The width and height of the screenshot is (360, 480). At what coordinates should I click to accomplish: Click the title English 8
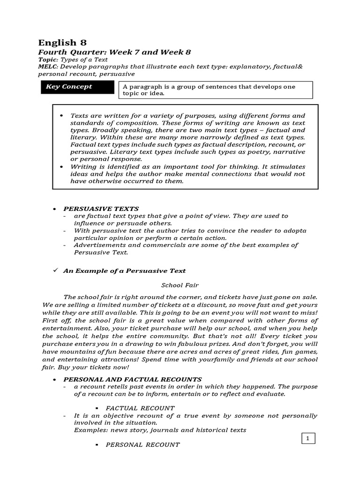pos(62,42)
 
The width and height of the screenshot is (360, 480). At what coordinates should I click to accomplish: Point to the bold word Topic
pos(47,60)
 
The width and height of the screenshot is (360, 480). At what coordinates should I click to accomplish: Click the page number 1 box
pos(307,439)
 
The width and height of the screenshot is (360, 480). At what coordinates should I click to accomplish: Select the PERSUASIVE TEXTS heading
pos(101,209)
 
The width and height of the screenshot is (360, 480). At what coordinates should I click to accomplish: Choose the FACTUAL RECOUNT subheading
pos(140,408)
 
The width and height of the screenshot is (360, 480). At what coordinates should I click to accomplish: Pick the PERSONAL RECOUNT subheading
pos(142,444)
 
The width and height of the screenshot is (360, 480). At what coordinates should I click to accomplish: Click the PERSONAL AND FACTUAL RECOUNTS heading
pos(133,379)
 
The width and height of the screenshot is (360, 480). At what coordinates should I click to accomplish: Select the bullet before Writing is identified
pos(62,167)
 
